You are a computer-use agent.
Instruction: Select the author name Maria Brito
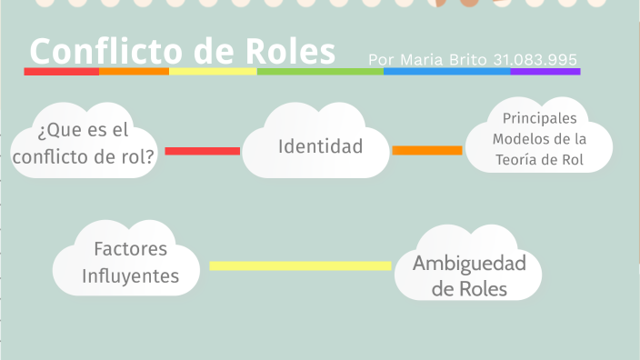pyautogui.click(x=439, y=60)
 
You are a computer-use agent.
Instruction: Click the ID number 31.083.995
pyautogui.click(x=535, y=60)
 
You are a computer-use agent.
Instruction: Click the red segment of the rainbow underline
pyautogui.click(x=61, y=71)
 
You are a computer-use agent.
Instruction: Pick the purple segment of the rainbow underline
pyautogui.click(x=545, y=71)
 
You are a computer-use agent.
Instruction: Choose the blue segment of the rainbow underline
pyautogui.click(x=446, y=71)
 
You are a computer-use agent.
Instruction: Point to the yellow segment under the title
pyautogui.click(x=213, y=71)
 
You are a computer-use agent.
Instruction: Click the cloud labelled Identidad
pyautogui.click(x=320, y=145)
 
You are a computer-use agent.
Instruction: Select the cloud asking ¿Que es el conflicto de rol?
pyautogui.click(x=83, y=144)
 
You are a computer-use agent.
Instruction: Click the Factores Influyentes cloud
pyautogui.click(x=130, y=262)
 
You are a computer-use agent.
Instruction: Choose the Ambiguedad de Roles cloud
pyautogui.click(x=469, y=275)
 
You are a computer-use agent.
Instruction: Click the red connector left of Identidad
pyautogui.click(x=203, y=151)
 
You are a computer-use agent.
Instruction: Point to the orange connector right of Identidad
pyautogui.click(x=427, y=150)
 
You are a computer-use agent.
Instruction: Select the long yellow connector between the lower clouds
pyautogui.click(x=300, y=265)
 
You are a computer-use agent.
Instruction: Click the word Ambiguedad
pyautogui.click(x=469, y=264)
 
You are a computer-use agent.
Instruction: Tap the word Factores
pyautogui.click(x=131, y=249)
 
